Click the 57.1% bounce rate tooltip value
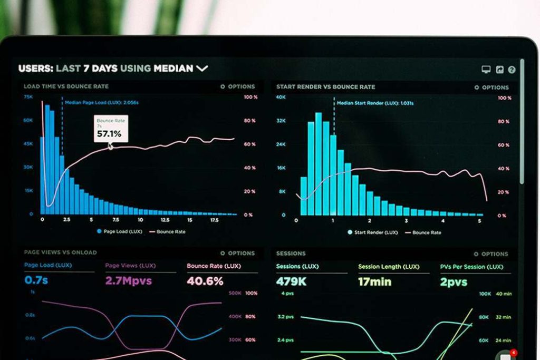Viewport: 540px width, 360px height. pos(109,134)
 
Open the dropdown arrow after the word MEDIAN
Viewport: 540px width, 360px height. pos(202,68)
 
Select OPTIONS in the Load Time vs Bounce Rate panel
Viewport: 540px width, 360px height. pos(238,86)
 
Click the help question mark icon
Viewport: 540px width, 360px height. pos(512,70)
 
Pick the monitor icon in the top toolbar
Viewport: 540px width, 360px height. pos(486,70)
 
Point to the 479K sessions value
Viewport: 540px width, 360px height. pos(291,281)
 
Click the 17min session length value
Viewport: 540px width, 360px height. pos(374,281)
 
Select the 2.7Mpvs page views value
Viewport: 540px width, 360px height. pos(128,280)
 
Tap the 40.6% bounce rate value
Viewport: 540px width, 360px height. pos(205,281)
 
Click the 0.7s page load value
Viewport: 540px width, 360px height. pos(36,280)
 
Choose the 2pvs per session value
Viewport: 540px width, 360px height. pos(454,282)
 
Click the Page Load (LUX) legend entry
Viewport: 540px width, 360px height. pos(120,231)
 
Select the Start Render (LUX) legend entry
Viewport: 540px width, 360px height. pos(372,232)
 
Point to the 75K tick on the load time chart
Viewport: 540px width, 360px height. pos(28,97)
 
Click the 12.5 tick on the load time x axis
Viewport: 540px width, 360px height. pos(165,220)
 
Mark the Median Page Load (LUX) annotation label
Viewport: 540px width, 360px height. pos(109,102)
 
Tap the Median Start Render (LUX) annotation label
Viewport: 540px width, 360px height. pos(374,103)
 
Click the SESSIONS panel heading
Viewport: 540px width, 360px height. pos(291,254)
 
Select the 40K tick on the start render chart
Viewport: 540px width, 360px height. pos(281,97)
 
